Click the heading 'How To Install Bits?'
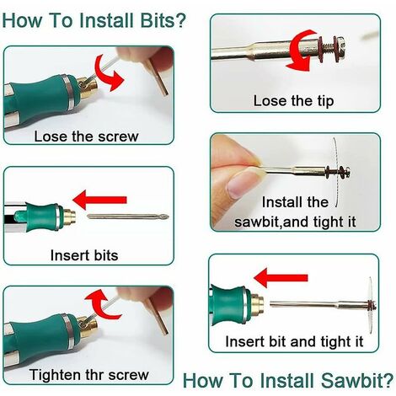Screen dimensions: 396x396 [x=94, y=20]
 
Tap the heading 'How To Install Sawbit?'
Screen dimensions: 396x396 [x=288, y=381]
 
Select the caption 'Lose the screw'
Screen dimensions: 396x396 [x=86, y=136]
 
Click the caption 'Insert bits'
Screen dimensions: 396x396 [x=84, y=255]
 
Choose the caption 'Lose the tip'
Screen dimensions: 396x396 [x=294, y=101]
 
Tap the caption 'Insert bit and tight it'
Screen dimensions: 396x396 [x=294, y=342]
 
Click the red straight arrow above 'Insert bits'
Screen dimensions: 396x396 [x=99, y=200]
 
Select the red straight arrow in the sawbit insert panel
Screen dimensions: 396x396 [x=281, y=278]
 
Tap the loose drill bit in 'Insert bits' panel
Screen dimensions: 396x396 [x=128, y=217]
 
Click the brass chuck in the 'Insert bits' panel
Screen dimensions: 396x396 [x=69, y=217]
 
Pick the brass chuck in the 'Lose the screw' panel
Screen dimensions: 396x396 [x=88, y=86]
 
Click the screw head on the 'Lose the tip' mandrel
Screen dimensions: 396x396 [x=341, y=45]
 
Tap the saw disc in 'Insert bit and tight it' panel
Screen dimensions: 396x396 [x=370, y=304]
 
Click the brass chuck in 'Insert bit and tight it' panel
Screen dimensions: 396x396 [x=256, y=303]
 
